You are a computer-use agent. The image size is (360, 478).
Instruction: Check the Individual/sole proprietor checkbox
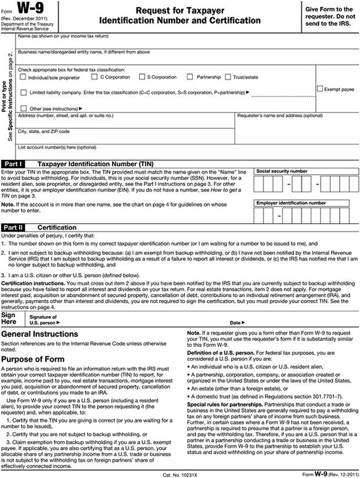23,77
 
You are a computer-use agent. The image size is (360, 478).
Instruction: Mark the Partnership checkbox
190,77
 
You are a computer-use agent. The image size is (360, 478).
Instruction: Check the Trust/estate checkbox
228,77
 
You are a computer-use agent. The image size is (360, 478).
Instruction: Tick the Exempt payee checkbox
320,89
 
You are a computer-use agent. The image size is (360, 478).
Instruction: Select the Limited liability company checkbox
23,92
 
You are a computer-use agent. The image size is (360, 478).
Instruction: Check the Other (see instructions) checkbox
23,108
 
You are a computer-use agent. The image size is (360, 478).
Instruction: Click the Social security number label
282,171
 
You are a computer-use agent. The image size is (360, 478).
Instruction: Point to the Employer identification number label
290,203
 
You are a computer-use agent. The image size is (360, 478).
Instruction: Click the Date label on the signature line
237,322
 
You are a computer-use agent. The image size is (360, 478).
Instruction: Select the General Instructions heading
39,335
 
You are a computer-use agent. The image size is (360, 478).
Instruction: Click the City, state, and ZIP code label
44,131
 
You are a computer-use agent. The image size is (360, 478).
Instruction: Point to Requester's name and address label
280,116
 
